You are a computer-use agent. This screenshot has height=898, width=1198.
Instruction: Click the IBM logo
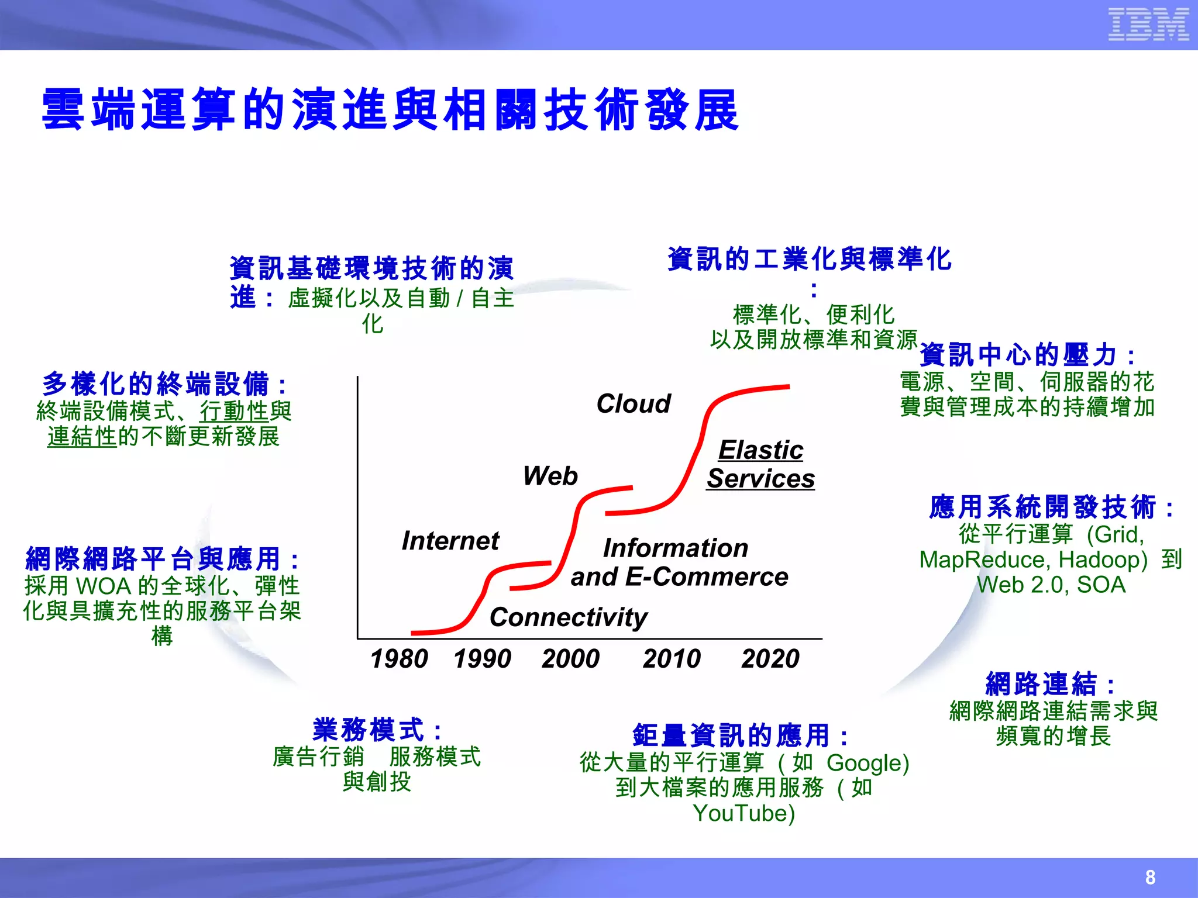[1148, 25]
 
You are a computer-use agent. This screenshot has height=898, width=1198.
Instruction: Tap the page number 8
[1150, 877]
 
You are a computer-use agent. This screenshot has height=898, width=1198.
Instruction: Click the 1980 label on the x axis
[399, 659]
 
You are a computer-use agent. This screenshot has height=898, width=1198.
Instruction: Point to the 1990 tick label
[482, 659]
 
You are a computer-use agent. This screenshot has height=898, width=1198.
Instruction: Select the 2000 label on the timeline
[570, 659]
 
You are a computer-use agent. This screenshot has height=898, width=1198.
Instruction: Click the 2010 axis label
[672, 659]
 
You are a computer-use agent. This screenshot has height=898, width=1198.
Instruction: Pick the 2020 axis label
[770, 659]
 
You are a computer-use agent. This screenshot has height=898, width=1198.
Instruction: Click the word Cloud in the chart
[634, 403]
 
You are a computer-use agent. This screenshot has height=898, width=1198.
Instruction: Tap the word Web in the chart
[550, 476]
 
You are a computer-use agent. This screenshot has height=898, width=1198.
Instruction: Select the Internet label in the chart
[450, 541]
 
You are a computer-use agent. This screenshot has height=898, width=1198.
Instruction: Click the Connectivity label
[569, 617]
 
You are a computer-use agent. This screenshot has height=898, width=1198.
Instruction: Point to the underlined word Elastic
[760, 450]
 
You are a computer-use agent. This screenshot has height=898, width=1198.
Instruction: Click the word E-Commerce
[707, 577]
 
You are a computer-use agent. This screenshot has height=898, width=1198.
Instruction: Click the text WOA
[104, 586]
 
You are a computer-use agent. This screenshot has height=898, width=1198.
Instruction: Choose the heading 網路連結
[1041, 683]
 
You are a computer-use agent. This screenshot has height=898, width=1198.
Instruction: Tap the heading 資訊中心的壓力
[1018, 355]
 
